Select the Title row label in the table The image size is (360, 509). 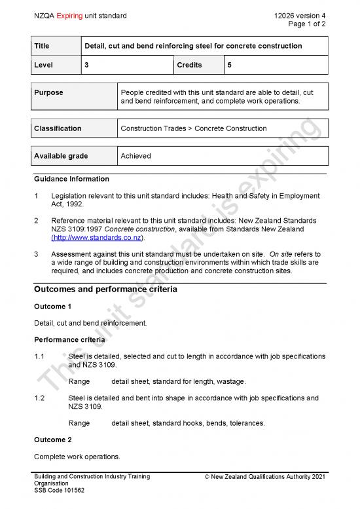(44, 46)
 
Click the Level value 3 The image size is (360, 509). (86, 66)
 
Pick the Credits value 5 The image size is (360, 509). (229, 66)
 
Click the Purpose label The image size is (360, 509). (49, 92)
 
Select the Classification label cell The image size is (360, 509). (58, 128)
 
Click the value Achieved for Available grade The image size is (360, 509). (135, 156)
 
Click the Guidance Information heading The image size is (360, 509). (71, 179)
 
